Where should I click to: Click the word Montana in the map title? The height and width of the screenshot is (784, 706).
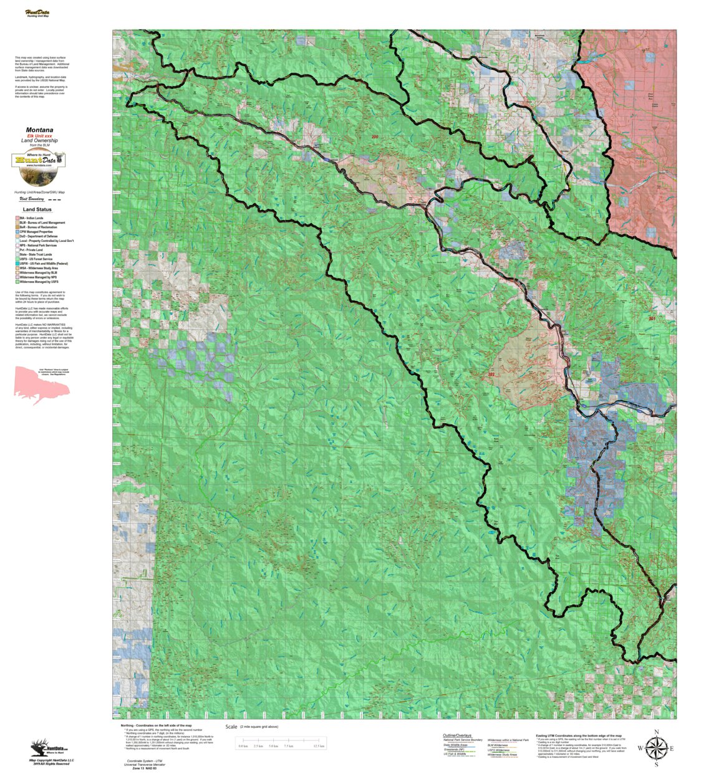click(39, 130)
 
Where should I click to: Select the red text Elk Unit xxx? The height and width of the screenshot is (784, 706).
click(39, 136)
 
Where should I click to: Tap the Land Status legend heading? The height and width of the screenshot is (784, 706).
click(37, 209)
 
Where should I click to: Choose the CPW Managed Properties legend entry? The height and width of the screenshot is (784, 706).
click(40, 232)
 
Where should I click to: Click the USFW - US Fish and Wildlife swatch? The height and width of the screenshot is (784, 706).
click(17, 264)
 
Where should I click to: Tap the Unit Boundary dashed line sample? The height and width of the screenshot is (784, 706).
click(55, 199)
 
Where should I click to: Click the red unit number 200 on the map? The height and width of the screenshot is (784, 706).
click(375, 136)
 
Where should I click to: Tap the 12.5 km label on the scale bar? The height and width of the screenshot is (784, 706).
click(319, 746)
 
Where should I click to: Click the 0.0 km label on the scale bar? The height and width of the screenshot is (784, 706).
click(243, 746)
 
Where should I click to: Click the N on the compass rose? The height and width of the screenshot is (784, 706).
click(656, 732)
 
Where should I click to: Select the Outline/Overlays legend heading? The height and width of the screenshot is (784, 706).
click(457, 735)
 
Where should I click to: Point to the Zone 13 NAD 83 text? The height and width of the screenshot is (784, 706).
click(144, 768)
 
